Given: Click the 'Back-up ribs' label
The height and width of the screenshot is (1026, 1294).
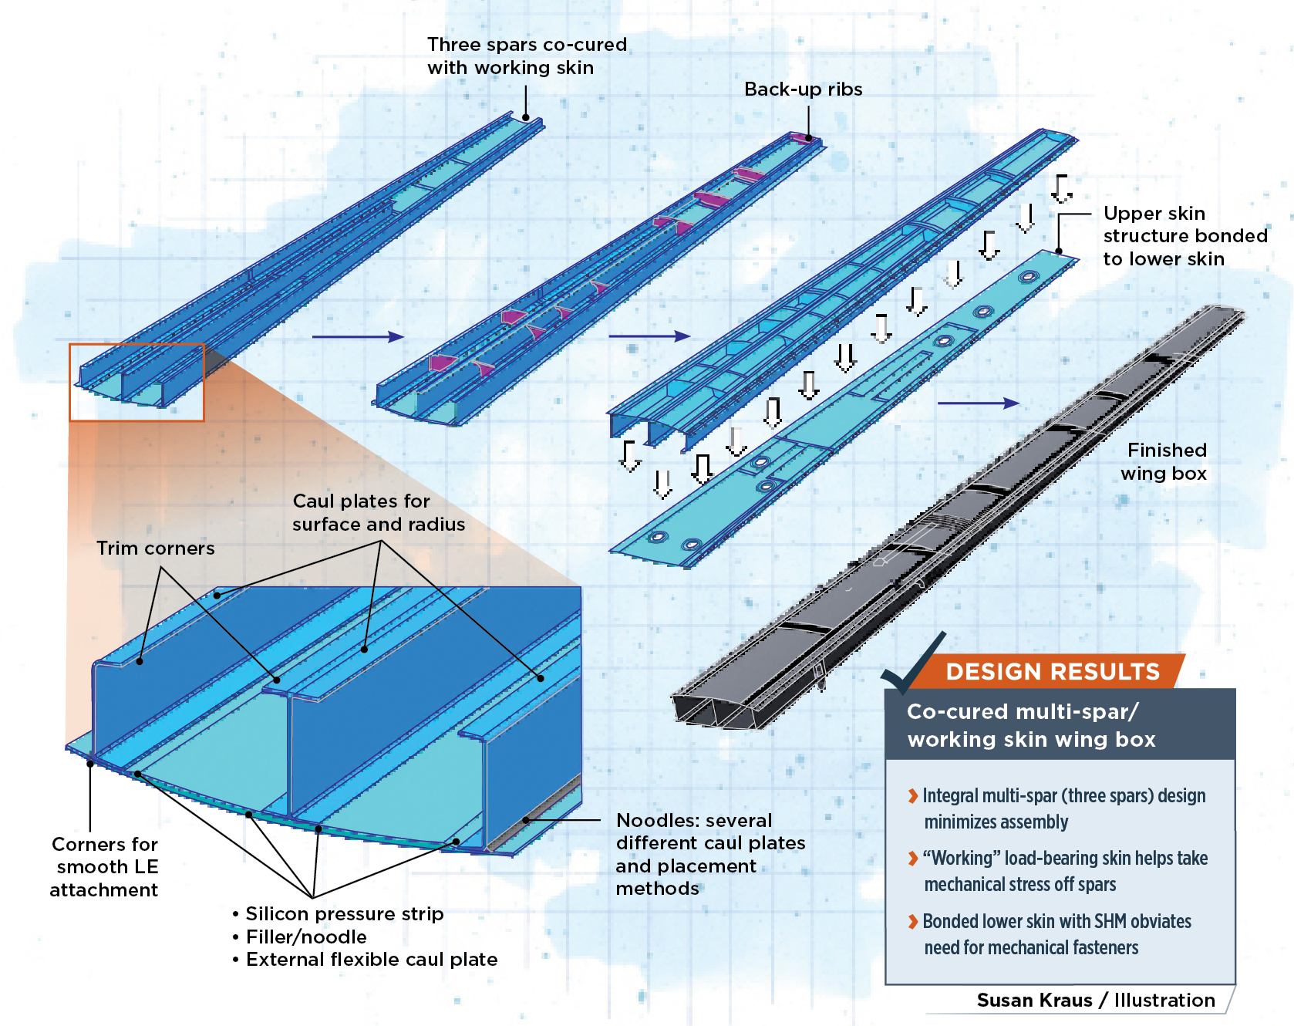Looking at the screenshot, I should [803, 89].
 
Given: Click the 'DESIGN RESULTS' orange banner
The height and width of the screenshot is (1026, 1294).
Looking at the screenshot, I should [1052, 671].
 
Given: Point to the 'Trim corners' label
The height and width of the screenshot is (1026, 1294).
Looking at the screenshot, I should [155, 548].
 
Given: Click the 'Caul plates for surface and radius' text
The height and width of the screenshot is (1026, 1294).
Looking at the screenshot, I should [378, 512].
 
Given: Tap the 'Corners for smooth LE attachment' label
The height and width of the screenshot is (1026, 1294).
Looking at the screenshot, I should [104, 866].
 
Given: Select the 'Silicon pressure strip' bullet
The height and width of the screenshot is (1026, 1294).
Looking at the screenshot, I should [344, 914].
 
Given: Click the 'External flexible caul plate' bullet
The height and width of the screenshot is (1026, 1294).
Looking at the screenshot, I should [371, 960].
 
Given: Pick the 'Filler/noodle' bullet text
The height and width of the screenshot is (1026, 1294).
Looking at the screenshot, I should [306, 937].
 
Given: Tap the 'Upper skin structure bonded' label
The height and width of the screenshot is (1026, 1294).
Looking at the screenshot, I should [1184, 236].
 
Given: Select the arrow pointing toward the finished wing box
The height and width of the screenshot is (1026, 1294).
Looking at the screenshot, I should [978, 403].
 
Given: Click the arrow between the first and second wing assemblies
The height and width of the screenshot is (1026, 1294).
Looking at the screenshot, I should [358, 336].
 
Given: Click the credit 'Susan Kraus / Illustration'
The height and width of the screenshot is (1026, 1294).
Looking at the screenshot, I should [1095, 1000].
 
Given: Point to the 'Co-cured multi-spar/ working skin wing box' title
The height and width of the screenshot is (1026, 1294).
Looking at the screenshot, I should [1030, 725].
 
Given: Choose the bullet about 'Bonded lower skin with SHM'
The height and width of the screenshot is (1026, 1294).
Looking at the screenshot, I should [1056, 934].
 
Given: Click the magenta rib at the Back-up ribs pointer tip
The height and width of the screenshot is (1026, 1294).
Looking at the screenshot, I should [801, 138].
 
